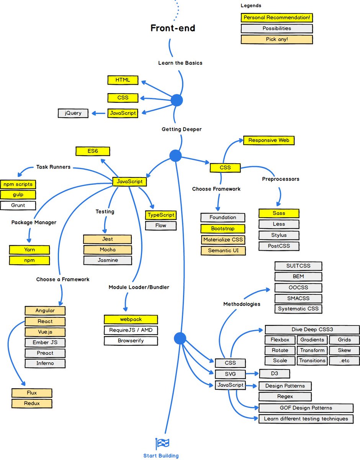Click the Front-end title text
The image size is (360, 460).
coord(172,28)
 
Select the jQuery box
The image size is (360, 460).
coord(73,113)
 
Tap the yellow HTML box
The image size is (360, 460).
coord(123,80)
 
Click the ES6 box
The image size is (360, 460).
coord(93,151)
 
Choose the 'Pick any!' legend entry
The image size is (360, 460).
coord(277,39)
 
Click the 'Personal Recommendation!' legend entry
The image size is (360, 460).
coord(277,18)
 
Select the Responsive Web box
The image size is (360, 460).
coord(268,140)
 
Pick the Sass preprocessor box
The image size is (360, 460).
coord(279,213)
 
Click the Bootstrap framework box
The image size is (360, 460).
coord(223,228)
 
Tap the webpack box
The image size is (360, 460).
coord(131,319)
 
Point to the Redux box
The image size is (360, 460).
coord(31,403)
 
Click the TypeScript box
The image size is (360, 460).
coord(161,215)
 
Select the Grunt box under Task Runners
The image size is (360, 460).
coord(18,205)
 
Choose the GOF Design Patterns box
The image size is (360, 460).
coord(306,408)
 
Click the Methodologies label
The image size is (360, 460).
coord(242,304)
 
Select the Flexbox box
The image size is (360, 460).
coord(280,340)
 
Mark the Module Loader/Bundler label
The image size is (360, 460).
coord(139,287)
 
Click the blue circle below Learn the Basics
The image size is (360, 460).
coord(176,100)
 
